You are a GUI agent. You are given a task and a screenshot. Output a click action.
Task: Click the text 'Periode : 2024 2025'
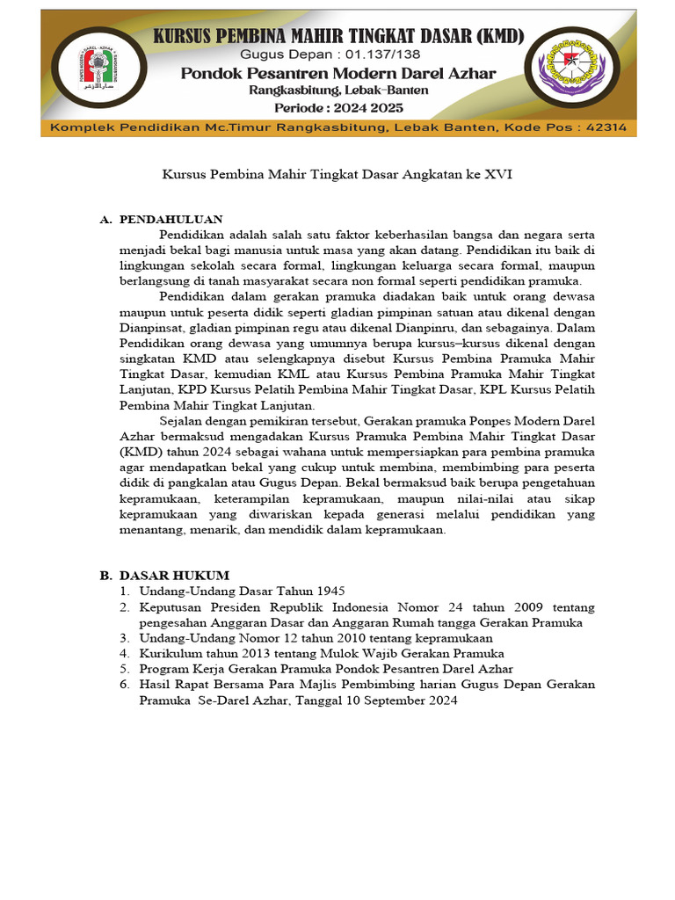click(338, 107)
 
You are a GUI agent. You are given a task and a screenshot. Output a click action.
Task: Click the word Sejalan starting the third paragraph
click(184, 421)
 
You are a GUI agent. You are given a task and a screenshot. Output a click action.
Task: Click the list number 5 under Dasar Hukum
click(125, 670)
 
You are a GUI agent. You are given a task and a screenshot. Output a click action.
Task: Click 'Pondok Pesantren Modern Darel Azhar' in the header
click(338, 73)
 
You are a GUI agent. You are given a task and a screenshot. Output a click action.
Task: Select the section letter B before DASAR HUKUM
click(104, 575)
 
